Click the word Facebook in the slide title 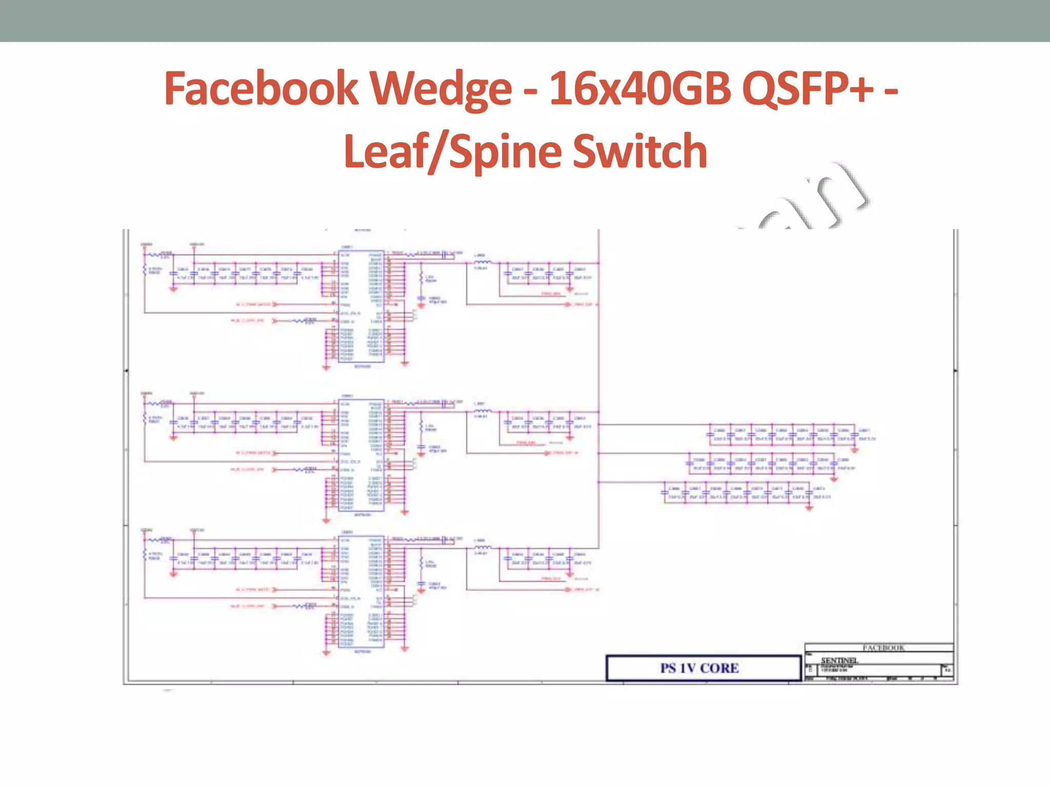[x=260, y=88]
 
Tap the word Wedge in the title [x=441, y=88]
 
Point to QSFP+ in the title [x=808, y=88]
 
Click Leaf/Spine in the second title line [x=454, y=151]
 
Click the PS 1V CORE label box [x=703, y=668]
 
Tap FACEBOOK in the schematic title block [x=883, y=648]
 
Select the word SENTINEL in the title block [x=839, y=660]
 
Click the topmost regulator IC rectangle [x=361, y=306]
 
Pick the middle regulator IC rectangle [x=361, y=455]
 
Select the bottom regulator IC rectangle [x=361, y=592]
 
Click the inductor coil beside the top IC [x=481, y=263]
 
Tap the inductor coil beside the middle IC [x=481, y=411]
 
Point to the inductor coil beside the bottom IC [x=481, y=547]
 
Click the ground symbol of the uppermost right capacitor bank [x=855, y=450]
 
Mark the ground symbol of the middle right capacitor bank [x=834, y=479]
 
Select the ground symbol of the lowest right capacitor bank [x=809, y=508]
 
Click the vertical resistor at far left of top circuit [x=145, y=270]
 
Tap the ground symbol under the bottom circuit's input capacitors [x=173, y=575]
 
